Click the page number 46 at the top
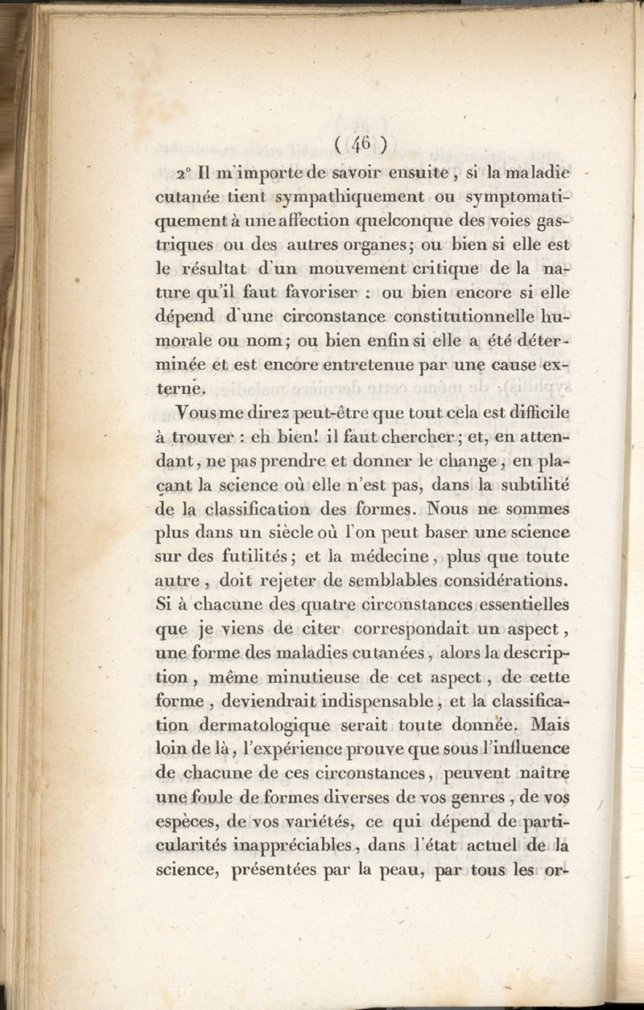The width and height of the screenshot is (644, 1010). (359, 144)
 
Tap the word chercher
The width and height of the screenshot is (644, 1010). (415, 439)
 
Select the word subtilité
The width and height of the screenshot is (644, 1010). (527, 485)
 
